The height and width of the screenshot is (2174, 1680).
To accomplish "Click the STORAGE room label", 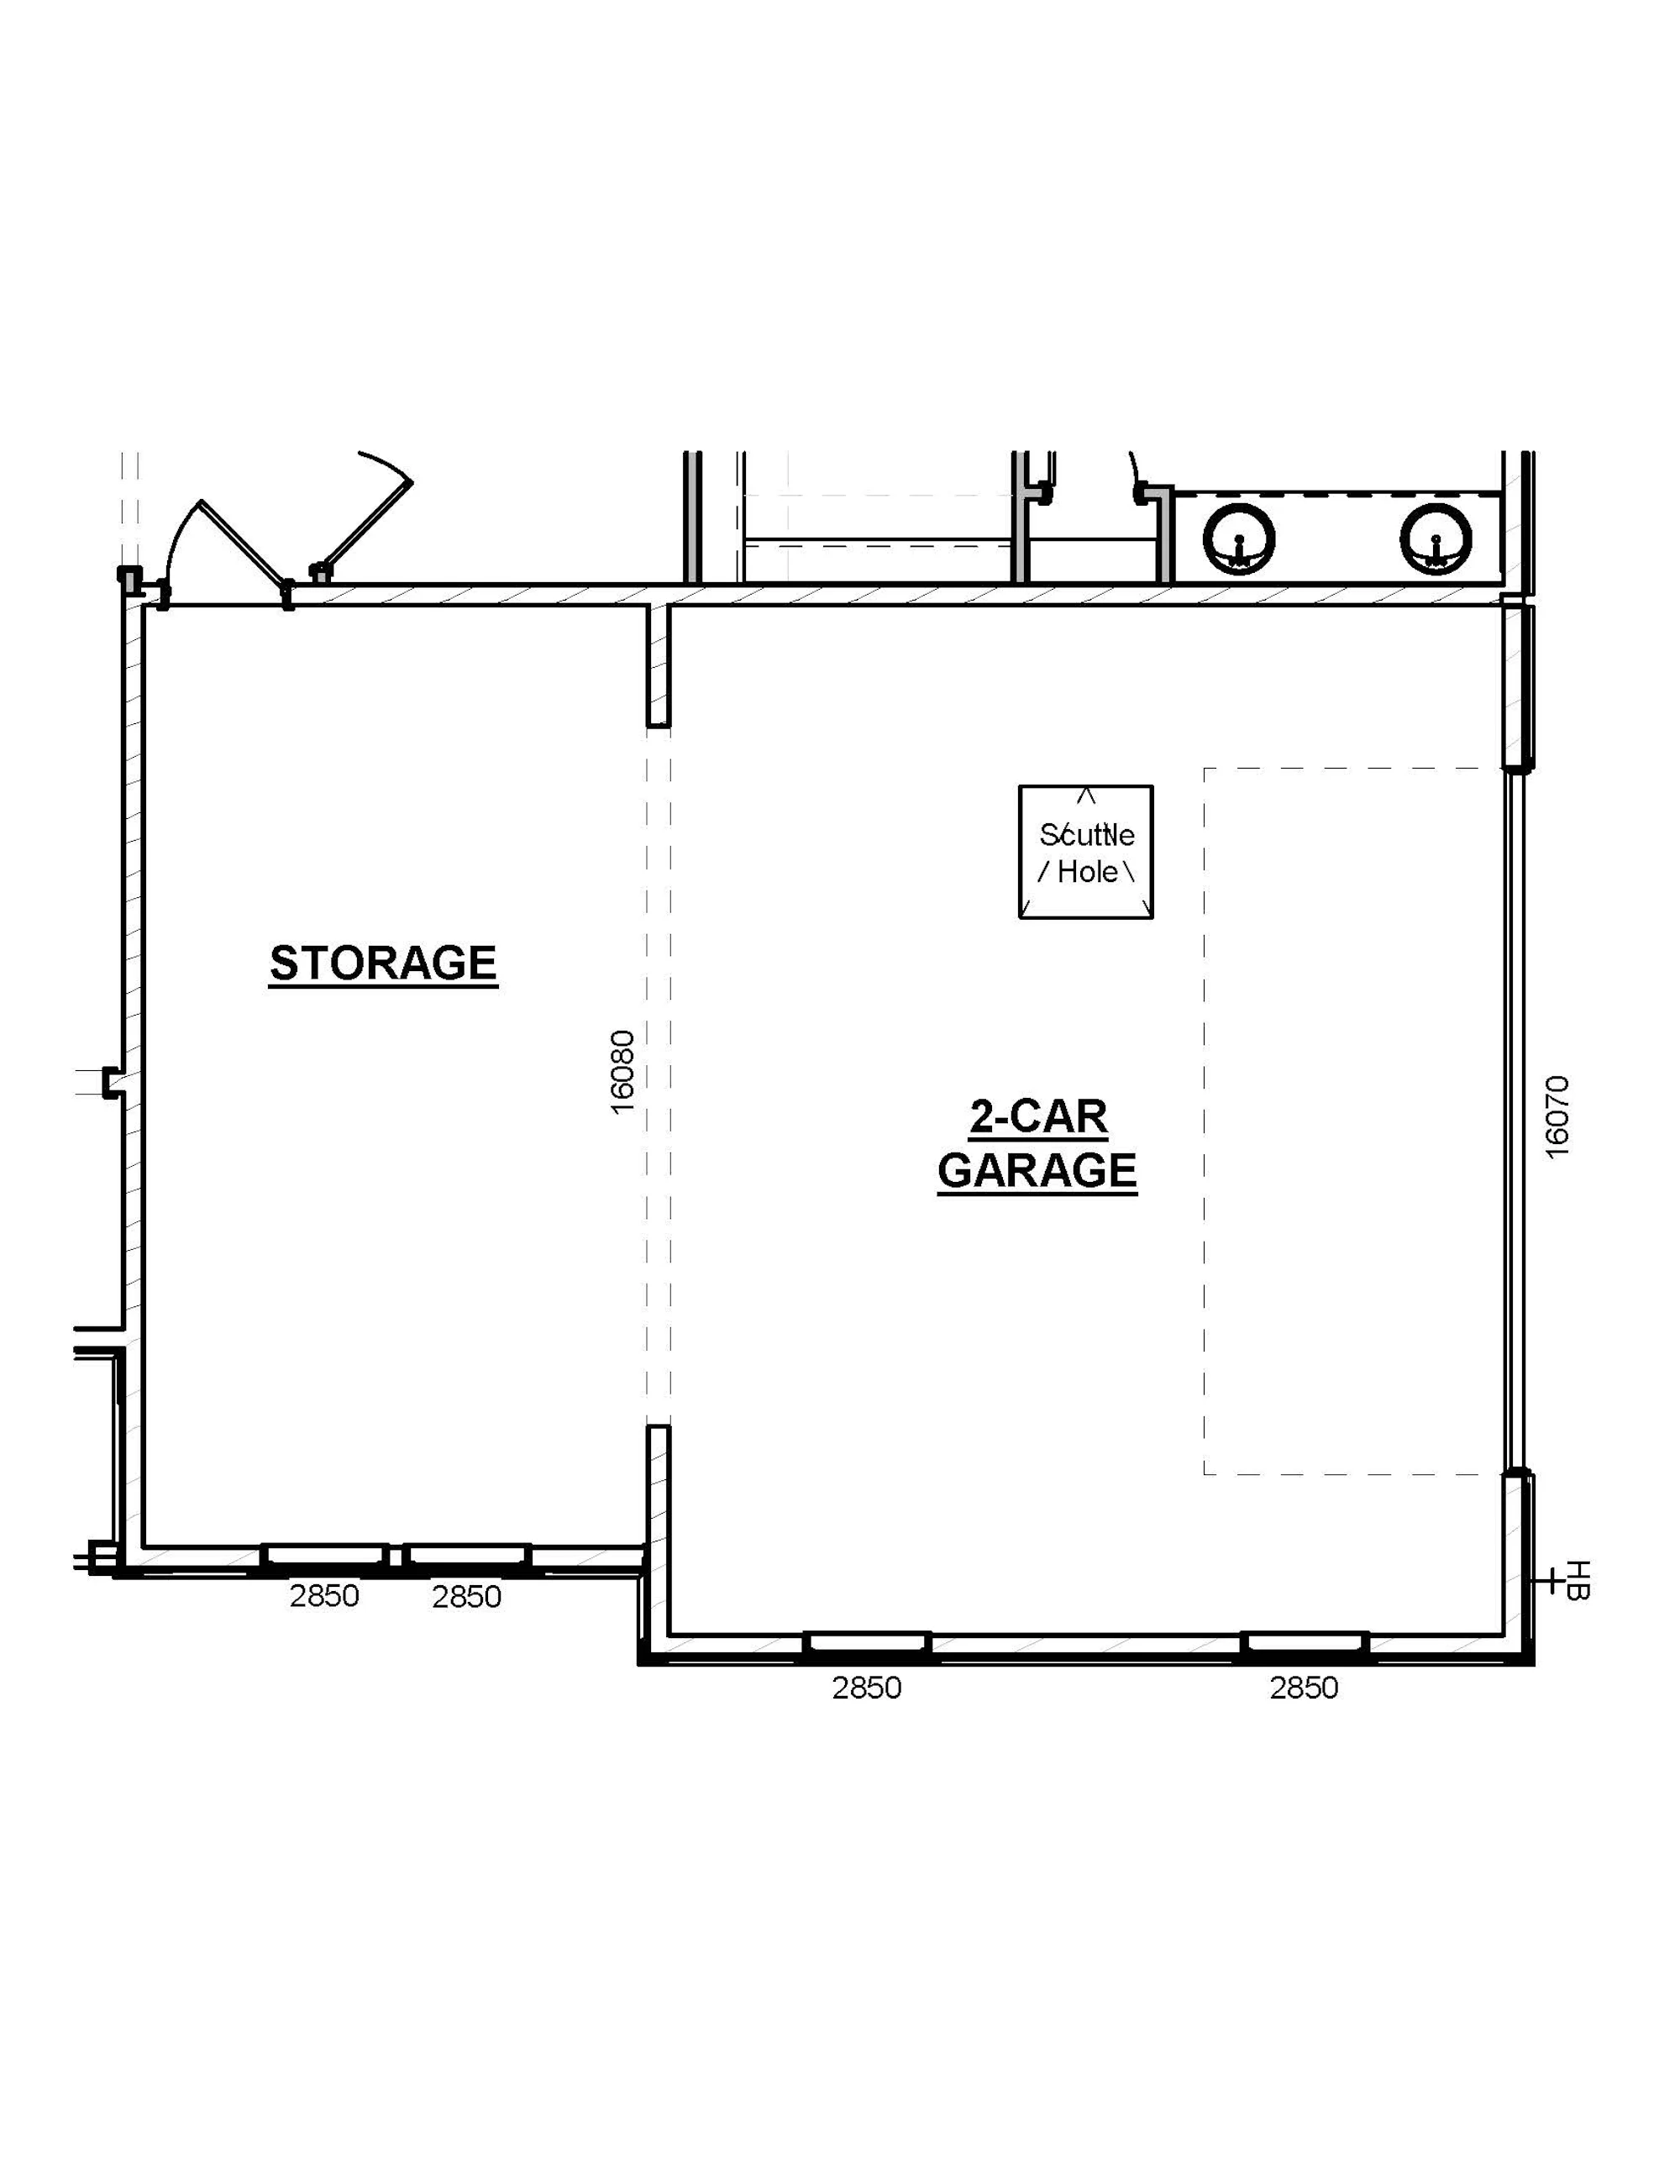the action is click(x=383, y=963).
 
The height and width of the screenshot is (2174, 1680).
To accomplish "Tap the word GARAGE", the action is click(x=1037, y=1171).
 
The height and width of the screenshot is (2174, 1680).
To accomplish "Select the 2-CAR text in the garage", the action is click(x=1039, y=1117).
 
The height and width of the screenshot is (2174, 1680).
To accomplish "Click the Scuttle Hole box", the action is click(x=1086, y=852).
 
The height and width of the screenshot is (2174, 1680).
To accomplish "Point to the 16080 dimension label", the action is click(x=622, y=1071).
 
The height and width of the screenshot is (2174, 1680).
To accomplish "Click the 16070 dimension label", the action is click(x=1557, y=1117).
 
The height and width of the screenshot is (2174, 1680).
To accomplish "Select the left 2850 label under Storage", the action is click(x=324, y=1596).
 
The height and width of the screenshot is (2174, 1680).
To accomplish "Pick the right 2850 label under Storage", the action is click(x=467, y=1597).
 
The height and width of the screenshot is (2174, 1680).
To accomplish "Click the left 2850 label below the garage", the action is click(x=867, y=1688).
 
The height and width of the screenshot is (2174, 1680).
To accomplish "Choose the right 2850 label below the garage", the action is click(x=1304, y=1688).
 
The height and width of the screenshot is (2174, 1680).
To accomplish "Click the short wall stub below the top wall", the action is click(x=658, y=665).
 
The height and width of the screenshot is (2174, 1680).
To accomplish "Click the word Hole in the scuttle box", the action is click(x=1087, y=872).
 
